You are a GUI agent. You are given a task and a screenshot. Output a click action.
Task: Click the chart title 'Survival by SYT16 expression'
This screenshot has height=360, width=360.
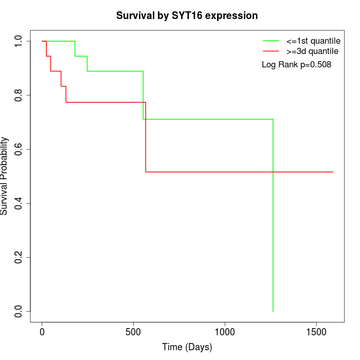pyautogui.click(x=187, y=15)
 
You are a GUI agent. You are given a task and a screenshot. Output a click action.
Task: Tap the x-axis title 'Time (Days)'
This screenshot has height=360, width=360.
pyautogui.click(x=187, y=347)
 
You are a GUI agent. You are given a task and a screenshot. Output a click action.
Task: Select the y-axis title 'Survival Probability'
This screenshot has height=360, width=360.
pyautogui.click(x=5, y=176)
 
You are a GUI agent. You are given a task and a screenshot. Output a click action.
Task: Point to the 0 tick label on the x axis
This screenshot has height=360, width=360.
pyautogui.click(x=42, y=332)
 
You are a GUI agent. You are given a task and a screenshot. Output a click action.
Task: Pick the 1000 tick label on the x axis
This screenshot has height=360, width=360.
pyautogui.click(x=225, y=332)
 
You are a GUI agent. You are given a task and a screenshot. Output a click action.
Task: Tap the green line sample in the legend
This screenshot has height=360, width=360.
pyautogui.click(x=271, y=41)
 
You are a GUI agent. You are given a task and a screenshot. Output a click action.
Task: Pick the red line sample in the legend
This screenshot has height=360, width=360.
pyautogui.click(x=271, y=51)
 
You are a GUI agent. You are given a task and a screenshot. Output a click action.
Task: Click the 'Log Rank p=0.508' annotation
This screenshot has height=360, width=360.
pyautogui.click(x=296, y=65)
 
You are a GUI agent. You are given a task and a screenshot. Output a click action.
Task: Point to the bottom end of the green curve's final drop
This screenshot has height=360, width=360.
pyautogui.click(x=273, y=311)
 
